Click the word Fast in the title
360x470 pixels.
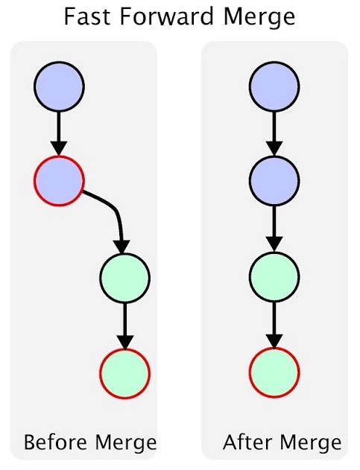[87, 16]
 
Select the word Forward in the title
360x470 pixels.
[166, 16]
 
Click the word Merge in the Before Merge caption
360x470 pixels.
[126, 443]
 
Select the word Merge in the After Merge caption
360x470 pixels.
[311, 443]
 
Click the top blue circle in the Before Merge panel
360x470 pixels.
[59, 86]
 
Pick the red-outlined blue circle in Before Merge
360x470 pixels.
[59, 181]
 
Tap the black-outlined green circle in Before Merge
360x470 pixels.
[124, 278]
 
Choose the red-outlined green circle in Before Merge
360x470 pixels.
[124, 373]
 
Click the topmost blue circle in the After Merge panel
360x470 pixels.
[274, 86]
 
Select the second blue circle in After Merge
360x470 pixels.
[274, 181]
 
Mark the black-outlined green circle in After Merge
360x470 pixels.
[274, 276]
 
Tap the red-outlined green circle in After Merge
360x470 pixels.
[274, 372]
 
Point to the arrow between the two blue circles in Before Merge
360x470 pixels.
[59, 133]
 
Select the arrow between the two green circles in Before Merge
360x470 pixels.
[124, 325]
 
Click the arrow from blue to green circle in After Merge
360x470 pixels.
[274, 229]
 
